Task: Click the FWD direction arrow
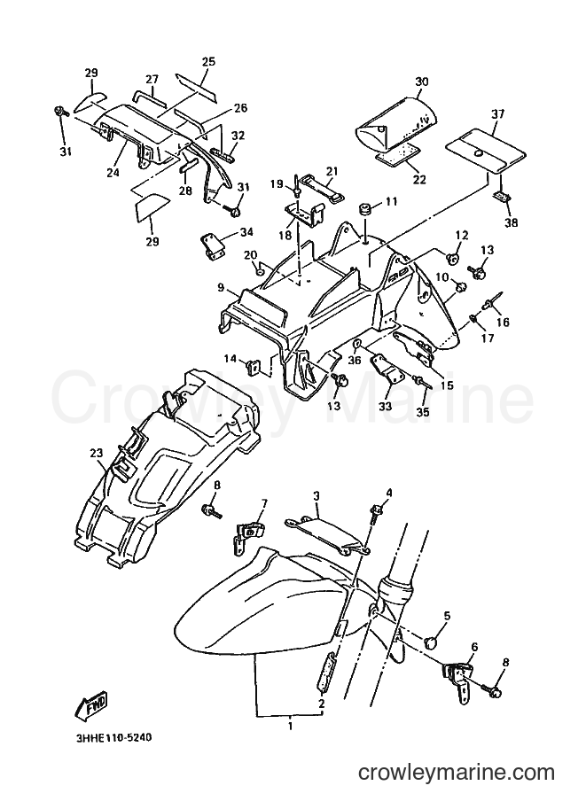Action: (x=91, y=704)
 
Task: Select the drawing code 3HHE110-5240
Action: (x=113, y=738)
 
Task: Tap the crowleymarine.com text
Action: (x=457, y=772)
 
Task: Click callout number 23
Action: (x=96, y=453)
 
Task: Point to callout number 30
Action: (x=422, y=82)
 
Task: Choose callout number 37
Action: (x=497, y=113)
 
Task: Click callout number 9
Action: (x=222, y=288)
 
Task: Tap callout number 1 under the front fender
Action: (x=290, y=727)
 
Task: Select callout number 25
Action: (x=208, y=62)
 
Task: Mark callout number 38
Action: (x=512, y=222)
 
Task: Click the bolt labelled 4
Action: (x=375, y=512)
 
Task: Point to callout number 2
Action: (x=322, y=704)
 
